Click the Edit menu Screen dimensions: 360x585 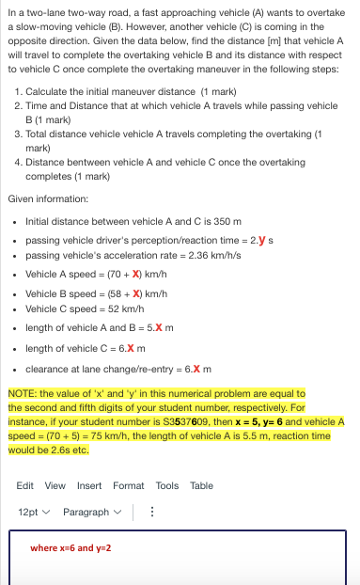pyautogui.click(x=26, y=485)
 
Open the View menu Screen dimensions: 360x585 pyautogui.click(x=55, y=485)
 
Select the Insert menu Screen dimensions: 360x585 pyautogui.click(x=89, y=485)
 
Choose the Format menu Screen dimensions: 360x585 pyautogui.click(x=129, y=485)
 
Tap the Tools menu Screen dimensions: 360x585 pyautogui.click(x=167, y=485)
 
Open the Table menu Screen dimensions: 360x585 pyautogui.click(x=201, y=485)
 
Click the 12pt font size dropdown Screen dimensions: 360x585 pyautogui.click(x=33, y=512)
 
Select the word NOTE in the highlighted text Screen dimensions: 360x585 pyautogui.click(x=21, y=393)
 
